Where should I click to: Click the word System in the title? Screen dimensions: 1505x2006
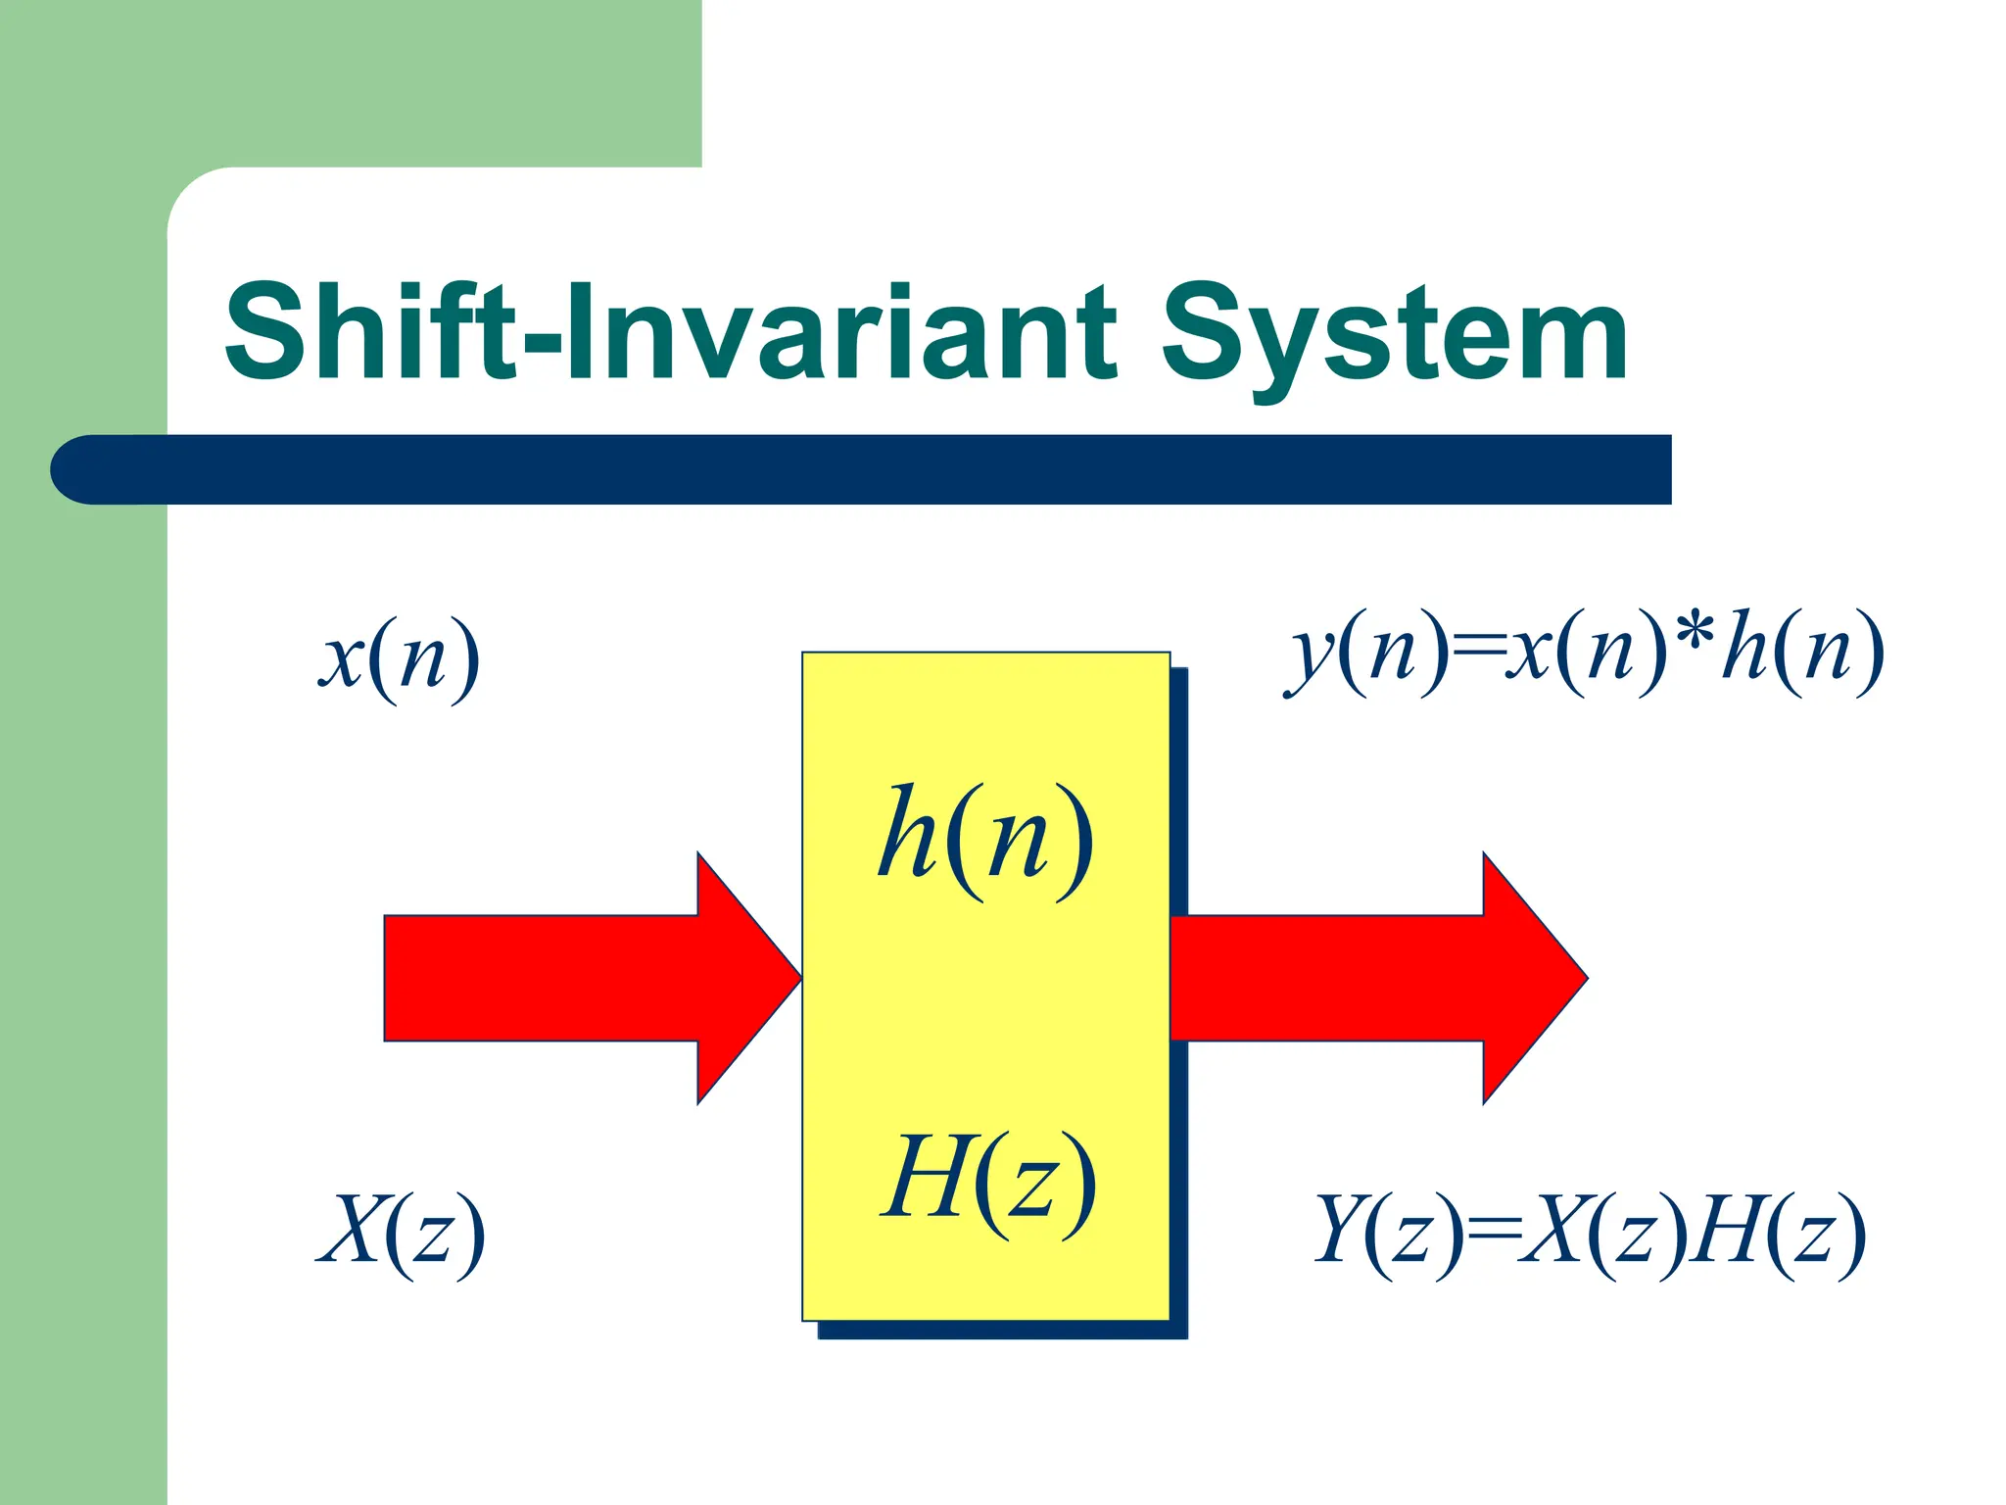[x=1395, y=338]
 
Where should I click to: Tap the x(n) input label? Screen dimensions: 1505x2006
[x=400, y=657]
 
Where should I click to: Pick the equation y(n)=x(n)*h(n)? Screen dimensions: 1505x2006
[x=1584, y=652]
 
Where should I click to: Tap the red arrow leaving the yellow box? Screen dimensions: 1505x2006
[x=1371, y=978]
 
